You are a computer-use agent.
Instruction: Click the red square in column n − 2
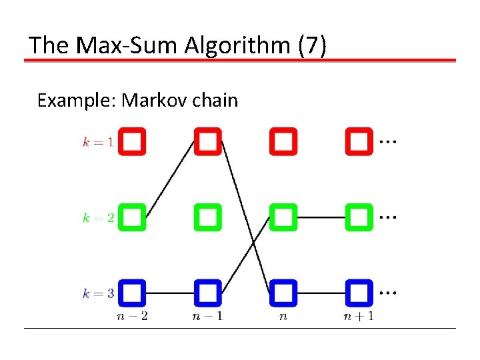coord(132,141)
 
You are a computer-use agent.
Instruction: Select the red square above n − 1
coord(207,141)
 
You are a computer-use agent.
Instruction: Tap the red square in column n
coord(283,141)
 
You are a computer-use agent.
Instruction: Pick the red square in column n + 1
coord(359,141)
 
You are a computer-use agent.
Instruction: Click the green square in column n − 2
coord(132,217)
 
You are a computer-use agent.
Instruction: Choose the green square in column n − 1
coord(207,217)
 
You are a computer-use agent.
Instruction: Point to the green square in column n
coord(283,217)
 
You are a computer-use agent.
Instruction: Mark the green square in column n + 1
coord(359,217)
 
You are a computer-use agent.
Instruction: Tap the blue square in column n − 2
coord(132,293)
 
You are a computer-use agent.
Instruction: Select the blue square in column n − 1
coord(207,293)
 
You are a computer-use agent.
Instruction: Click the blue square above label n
coord(283,293)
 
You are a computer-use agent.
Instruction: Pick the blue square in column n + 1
coord(359,293)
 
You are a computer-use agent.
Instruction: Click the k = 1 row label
coord(97,141)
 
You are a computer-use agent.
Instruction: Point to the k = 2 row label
coord(97,217)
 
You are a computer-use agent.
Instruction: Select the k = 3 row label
coord(97,293)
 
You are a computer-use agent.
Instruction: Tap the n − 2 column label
coord(131,315)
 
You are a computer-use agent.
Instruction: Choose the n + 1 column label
coord(358,315)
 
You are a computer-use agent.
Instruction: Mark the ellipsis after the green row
coord(387,217)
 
